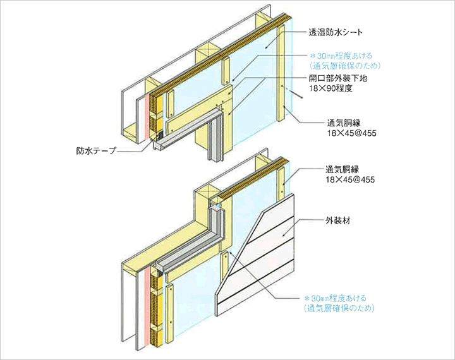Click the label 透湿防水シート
[336, 32]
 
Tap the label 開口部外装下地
[338, 78]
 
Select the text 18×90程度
[331, 88]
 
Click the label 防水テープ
[96, 150]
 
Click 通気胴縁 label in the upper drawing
[344, 123]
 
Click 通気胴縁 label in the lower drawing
[342, 169]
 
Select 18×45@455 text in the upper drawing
[352, 133]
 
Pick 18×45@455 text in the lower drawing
[350, 179]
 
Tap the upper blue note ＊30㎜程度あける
[341, 56]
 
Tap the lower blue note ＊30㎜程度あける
[335, 298]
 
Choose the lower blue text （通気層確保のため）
[339, 308]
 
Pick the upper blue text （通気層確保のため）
[345, 66]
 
